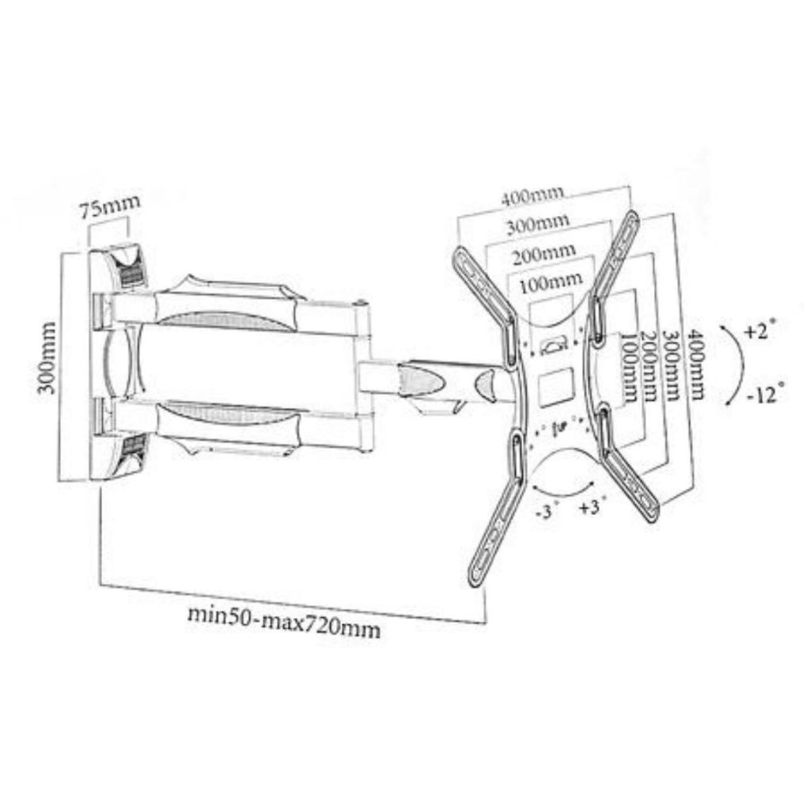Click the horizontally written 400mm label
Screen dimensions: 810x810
(532, 197)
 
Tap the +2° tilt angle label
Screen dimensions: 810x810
(760, 330)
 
